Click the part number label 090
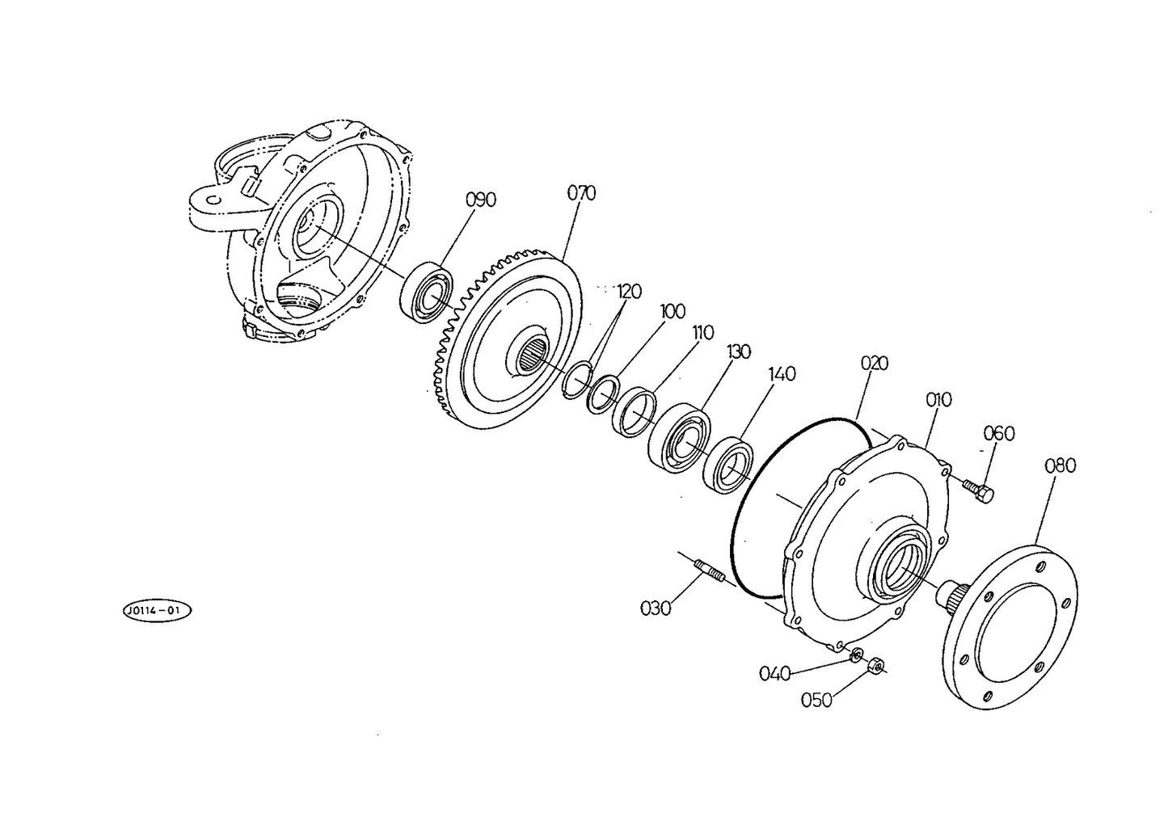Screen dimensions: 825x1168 (x=481, y=200)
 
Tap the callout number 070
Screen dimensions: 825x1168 (x=581, y=193)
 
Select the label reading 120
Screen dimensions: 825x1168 (x=628, y=291)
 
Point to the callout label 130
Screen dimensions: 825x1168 (x=738, y=352)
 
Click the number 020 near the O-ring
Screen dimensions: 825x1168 (x=875, y=363)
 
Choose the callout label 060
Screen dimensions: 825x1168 (x=999, y=433)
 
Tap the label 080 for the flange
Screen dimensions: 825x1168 (x=1060, y=465)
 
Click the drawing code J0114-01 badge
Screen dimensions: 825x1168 (x=157, y=611)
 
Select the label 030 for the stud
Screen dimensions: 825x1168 (x=656, y=608)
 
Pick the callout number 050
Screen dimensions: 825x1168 (x=816, y=700)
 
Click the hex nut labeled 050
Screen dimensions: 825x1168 (x=876, y=665)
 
